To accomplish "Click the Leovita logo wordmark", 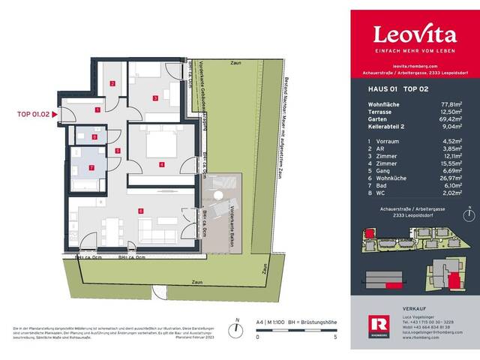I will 414,34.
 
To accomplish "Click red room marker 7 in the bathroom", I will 92,167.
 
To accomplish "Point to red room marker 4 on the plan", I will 160,163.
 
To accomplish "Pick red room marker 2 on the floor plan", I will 112,84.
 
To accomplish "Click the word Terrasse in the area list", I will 379,112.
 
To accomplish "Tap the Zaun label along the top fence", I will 236,63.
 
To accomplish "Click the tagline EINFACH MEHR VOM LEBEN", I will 414,50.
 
